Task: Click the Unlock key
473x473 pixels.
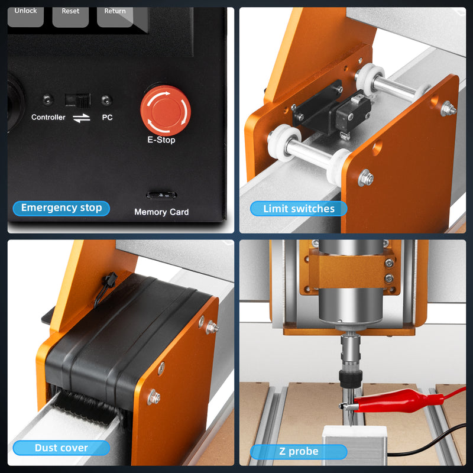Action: point(25,17)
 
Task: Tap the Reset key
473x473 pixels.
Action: point(70,17)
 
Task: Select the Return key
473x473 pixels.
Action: point(115,17)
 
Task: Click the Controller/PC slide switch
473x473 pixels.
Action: point(77,101)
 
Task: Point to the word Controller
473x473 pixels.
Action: point(48,117)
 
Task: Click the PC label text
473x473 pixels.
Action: point(107,117)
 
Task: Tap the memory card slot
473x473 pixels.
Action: point(161,195)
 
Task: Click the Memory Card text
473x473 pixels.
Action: point(161,212)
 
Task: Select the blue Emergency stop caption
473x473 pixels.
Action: point(61,208)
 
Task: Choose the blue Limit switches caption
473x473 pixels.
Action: point(299,209)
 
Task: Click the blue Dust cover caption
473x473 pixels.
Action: point(61,448)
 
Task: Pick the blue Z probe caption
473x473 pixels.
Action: point(299,451)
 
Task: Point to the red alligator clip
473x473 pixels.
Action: point(397,400)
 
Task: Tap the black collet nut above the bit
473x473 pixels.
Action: point(351,379)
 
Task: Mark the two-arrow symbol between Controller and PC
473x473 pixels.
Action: point(82,118)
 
